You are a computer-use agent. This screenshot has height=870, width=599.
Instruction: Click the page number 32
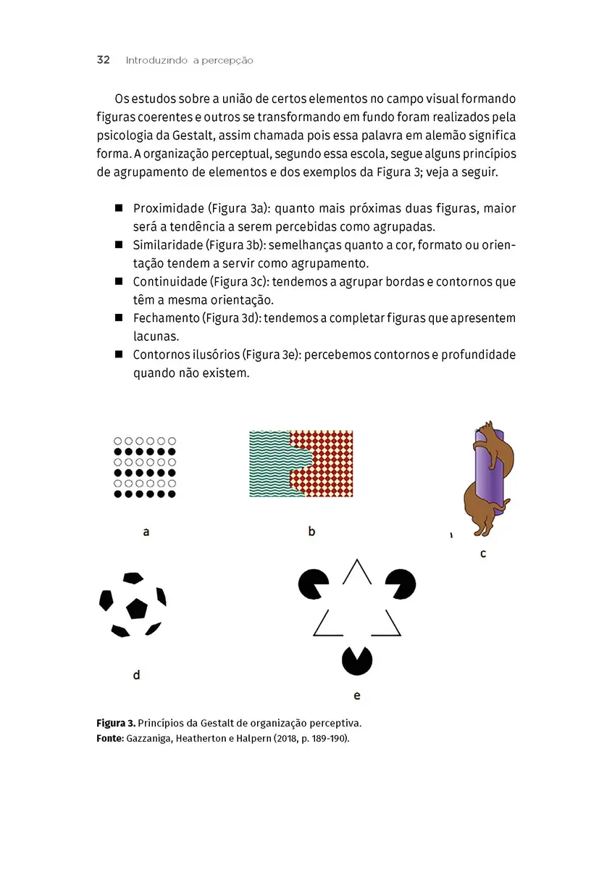coord(103,60)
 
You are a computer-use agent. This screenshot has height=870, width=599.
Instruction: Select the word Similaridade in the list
coord(167,244)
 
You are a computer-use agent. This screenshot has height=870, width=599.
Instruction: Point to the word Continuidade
coord(169,281)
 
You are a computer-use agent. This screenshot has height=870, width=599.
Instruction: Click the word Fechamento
coord(167,318)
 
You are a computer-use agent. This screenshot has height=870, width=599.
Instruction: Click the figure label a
coord(146,532)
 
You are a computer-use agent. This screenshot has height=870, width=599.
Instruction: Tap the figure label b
coord(311,531)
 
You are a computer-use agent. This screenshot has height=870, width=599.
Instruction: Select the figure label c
coord(483,555)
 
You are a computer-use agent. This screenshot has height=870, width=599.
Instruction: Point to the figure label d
coord(136,676)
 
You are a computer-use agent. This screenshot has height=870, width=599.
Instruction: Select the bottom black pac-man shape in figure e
coord(357,660)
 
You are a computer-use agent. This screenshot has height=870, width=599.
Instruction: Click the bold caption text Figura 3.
coord(115,724)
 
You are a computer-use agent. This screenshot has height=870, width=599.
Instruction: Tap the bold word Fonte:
coord(110,738)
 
